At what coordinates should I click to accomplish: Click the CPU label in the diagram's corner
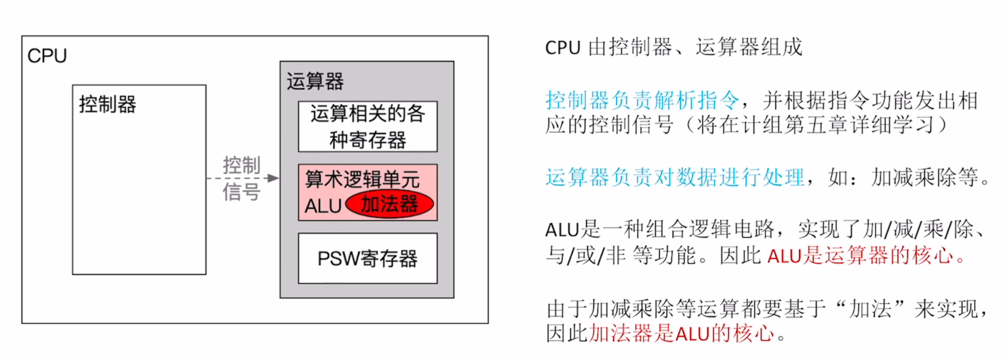pos(47,56)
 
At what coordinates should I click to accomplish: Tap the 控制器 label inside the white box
pos(107,104)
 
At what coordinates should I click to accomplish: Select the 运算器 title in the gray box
pos(315,81)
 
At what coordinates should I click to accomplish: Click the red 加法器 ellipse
pos(390,204)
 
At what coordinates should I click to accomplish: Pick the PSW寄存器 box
pos(367,258)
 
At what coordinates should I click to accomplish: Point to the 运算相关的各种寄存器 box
pos(367,126)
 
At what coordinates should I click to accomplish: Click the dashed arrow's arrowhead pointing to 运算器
pos(273,178)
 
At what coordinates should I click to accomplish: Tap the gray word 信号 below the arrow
pos(242,192)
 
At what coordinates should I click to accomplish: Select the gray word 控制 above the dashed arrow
pos(242,165)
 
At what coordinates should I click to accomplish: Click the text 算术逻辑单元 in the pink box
pos(362,179)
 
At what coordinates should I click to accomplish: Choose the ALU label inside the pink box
pos(323,206)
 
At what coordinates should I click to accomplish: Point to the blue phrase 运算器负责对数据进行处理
pos(674,177)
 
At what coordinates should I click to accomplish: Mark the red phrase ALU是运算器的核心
pos(860,255)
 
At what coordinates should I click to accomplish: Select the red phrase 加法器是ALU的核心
pos(681,333)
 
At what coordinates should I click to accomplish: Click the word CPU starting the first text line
pos(562,48)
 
